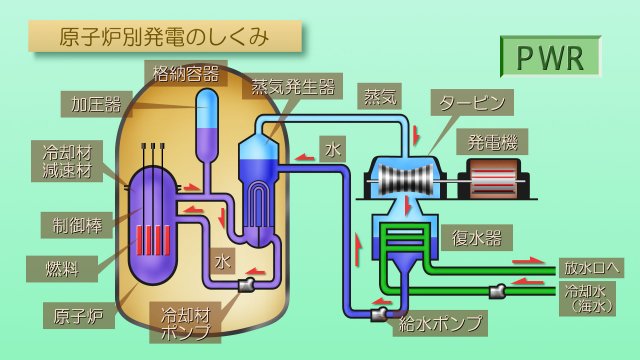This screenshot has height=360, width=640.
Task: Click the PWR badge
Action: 550,57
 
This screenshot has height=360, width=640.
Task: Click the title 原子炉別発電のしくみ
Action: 165,37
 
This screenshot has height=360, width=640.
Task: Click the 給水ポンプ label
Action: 441,323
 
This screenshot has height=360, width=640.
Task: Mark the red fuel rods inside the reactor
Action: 154,240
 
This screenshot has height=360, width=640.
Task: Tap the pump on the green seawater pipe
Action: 496,291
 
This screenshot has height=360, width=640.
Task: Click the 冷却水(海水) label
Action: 590,298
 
